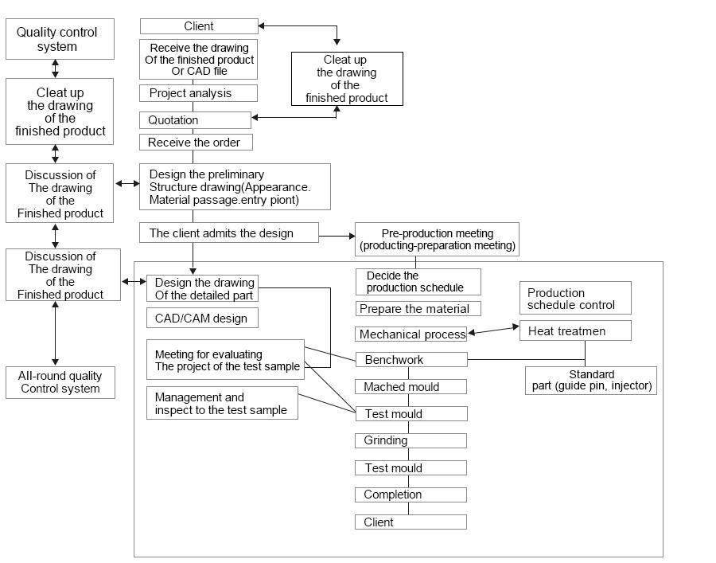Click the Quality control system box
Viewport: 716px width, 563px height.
60,39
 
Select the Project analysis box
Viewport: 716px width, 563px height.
198,93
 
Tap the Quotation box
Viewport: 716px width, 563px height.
195,120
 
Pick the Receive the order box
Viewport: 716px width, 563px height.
196,142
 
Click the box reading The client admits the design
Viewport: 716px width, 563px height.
229,233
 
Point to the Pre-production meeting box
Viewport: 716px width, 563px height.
437,239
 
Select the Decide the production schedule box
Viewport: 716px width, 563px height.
418,282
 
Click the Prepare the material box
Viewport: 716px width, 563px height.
418,308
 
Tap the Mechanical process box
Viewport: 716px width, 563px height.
411,334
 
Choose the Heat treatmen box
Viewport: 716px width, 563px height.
575,330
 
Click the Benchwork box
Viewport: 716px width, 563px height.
411,360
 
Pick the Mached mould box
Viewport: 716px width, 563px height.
411,386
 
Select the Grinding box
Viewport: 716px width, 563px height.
411,440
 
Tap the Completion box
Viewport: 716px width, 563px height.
411,495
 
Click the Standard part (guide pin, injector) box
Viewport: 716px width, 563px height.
591,380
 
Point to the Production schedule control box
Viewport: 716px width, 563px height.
575,298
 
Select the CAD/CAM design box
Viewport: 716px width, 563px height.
202,318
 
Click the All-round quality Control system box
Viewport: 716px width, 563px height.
60,382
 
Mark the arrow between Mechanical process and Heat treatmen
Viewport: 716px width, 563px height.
493,330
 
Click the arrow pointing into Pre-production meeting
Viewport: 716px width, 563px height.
337,237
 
